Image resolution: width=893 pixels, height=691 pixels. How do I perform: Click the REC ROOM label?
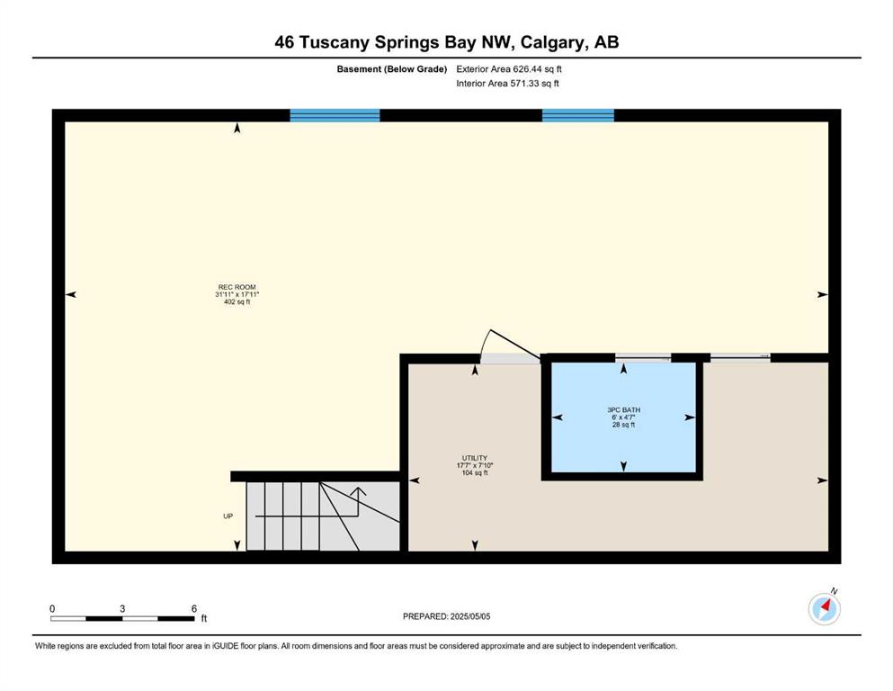pyautogui.click(x=237, y=287)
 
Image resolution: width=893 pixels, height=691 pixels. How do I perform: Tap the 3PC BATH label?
pyautogui.click(x=623, y=409)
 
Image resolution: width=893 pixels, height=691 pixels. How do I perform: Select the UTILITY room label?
pyautogui.click(x=475, y=458)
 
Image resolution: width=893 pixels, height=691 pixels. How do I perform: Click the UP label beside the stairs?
pyautogui.click(x=228, y=516)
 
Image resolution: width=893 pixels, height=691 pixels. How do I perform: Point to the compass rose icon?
pyautogui.click(x=824, y=608)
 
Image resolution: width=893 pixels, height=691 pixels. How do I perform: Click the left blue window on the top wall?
pyautogui.click(x=335, y=115)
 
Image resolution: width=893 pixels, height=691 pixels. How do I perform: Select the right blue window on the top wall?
pyautogui.click(x=578, y=115)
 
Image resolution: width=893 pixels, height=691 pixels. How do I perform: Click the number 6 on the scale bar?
pyautogui.click(x=193, y=608)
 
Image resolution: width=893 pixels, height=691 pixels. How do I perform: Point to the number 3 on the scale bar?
pyautogui.click(x=122, y=608)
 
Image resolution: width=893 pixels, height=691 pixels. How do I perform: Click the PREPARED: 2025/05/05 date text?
pyautogui.click(x=446, y=616)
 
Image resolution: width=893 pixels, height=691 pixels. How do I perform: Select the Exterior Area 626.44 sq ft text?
pyautogui.click(x=509, y=69)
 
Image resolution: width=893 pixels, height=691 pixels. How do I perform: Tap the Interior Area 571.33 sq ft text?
pyautogui.click(x=507, y=83)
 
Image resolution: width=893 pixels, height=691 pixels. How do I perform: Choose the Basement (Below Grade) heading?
pyautogui.click(x=392, y=69)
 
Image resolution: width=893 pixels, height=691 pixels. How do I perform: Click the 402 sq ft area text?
pyautogui.click(x=237, y=302)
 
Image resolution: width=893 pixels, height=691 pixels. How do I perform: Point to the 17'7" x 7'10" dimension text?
pyautogui.click(x=475, y=465)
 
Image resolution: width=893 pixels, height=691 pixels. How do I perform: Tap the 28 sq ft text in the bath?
pyautogui.click(x=623, y=425)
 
